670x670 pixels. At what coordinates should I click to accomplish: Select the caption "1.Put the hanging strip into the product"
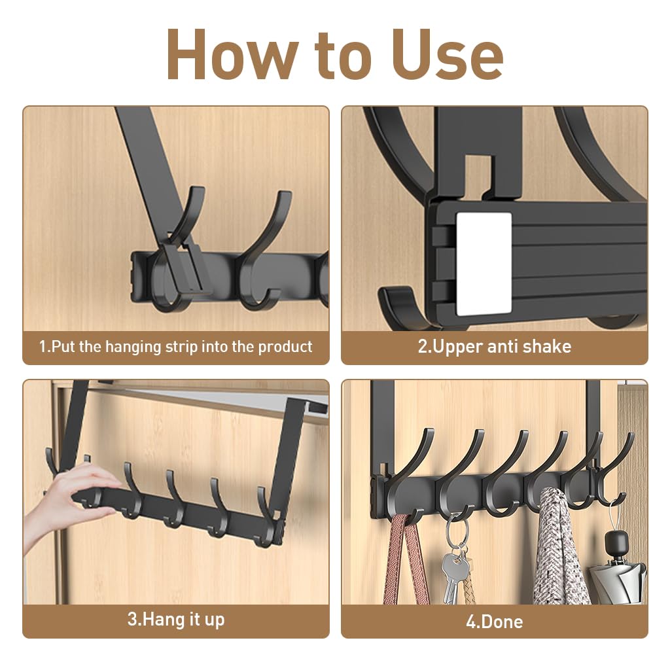[175, 347]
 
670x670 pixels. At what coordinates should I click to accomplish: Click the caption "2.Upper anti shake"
[494, 347]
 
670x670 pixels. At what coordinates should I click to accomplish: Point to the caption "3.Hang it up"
[175, 619]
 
